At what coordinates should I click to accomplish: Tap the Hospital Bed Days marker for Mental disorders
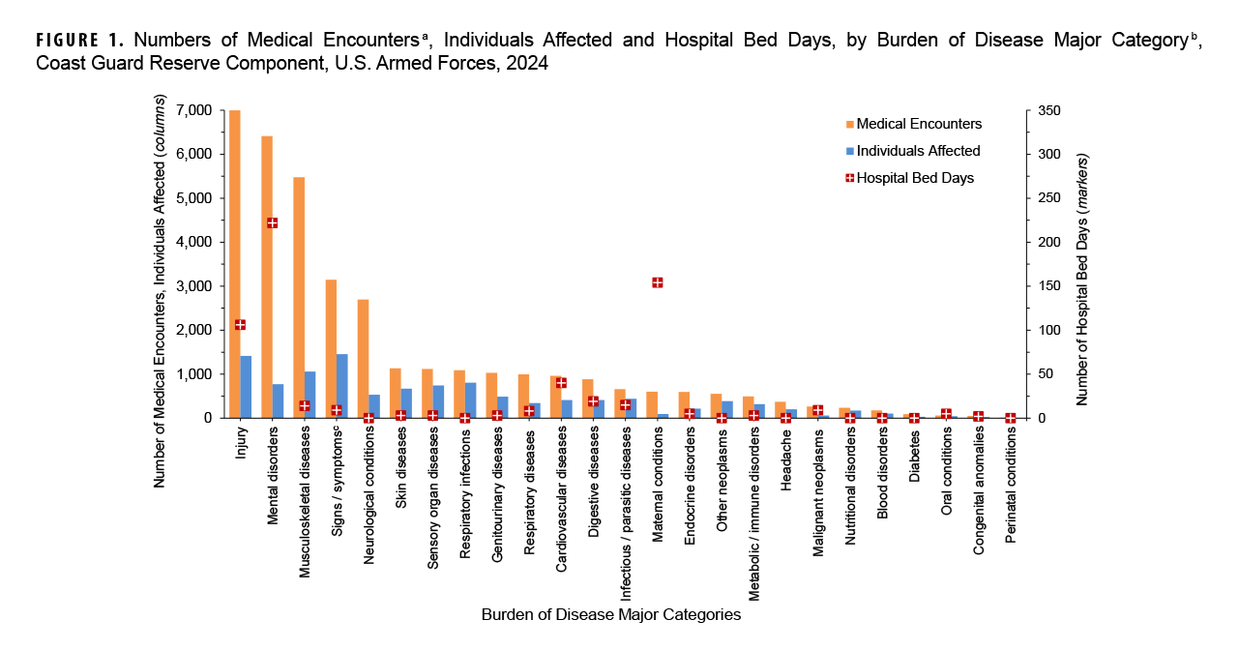coord(273,222)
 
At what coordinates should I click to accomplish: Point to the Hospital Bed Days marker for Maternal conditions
coord(658,282)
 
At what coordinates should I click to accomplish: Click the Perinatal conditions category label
coord(1011,474)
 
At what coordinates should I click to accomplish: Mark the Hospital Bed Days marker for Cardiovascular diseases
coord(561,382)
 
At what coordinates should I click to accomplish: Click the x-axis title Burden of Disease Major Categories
coord(610,614)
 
